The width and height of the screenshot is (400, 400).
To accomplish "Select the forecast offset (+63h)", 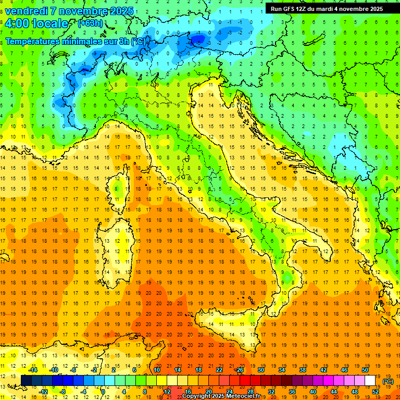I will tap(90, 23).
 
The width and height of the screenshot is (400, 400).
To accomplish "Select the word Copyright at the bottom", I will tap(197, 396).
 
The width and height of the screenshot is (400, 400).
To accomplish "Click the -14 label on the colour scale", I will tap(33, 370).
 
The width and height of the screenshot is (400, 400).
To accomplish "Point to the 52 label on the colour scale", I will tap(375, 391).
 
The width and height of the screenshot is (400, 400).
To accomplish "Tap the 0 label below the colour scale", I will tap(103, 391).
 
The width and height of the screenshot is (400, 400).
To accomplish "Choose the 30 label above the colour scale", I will tap(260, 370).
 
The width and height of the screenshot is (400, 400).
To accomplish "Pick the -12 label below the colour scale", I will tap(43, 391).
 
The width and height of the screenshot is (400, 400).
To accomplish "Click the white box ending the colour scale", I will tap(370, 380).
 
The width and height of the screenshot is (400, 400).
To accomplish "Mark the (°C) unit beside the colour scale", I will tap(387, 381).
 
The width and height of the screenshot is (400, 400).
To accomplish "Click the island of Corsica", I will tap(121, 187).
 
